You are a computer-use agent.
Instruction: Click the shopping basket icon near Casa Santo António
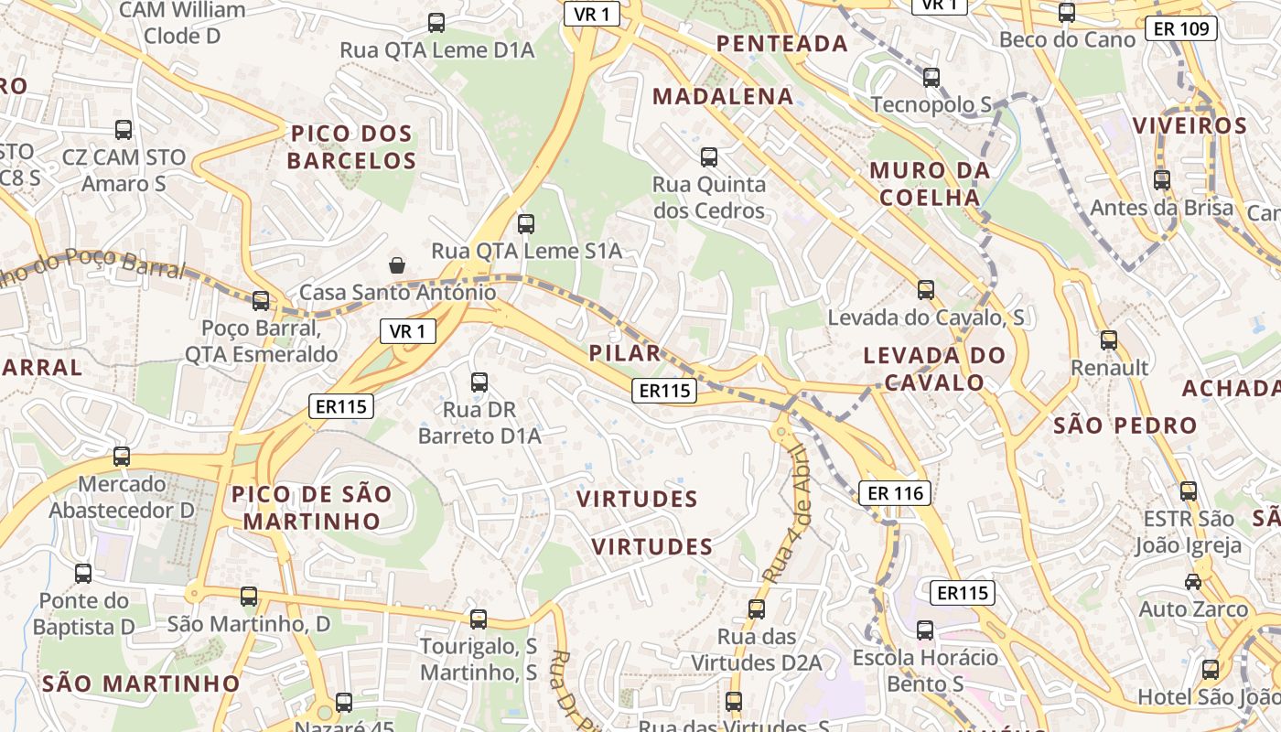point(397,265)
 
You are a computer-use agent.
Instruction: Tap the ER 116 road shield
point(895,493)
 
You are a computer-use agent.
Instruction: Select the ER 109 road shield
point(1181,29)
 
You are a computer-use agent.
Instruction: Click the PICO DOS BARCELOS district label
point(351,147)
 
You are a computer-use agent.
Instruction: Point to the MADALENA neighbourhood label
point(722,96)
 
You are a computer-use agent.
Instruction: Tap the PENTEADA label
point(781,43)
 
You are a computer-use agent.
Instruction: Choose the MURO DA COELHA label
point(930,183)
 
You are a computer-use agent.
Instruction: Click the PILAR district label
point(624,353)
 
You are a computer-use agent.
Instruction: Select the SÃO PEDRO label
point(1125,425)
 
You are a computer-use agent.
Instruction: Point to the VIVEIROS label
point(1189,125)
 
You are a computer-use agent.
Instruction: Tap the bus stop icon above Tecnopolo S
point(931,78)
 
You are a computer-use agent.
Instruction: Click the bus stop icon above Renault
point(1109,340)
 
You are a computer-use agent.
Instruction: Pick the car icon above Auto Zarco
point(1193,582)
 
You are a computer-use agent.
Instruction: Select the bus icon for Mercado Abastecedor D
point(122,456)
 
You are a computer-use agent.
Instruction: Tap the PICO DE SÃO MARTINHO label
point(311,508)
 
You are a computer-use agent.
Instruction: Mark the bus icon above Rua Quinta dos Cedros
point(708,157)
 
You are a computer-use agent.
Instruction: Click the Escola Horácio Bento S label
point(925,671)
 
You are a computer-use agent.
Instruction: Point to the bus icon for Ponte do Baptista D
point(83,574)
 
